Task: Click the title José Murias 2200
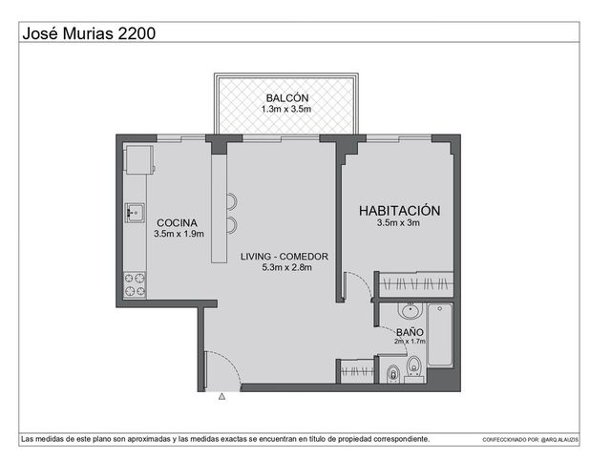[89, 33]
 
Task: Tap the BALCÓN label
[287, 97]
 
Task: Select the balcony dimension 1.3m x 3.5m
[286, 109]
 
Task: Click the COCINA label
[177, 222]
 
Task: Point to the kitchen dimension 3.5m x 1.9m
[179, 234]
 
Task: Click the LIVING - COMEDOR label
[284, 257]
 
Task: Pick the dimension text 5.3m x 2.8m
[286, 267]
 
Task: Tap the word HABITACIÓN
[399, 210]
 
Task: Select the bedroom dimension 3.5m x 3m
[398, 222]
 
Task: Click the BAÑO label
[410, 332]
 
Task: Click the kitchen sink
[135, 213]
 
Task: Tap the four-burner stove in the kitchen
[135, 284]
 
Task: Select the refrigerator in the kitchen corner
[139, 159]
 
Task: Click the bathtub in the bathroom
[440, 335]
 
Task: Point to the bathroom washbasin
[410, 310]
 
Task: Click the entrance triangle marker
[221, 397]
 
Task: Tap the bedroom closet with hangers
[416, 284]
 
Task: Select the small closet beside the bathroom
[357, 370]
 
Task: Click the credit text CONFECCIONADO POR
[510, 440]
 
